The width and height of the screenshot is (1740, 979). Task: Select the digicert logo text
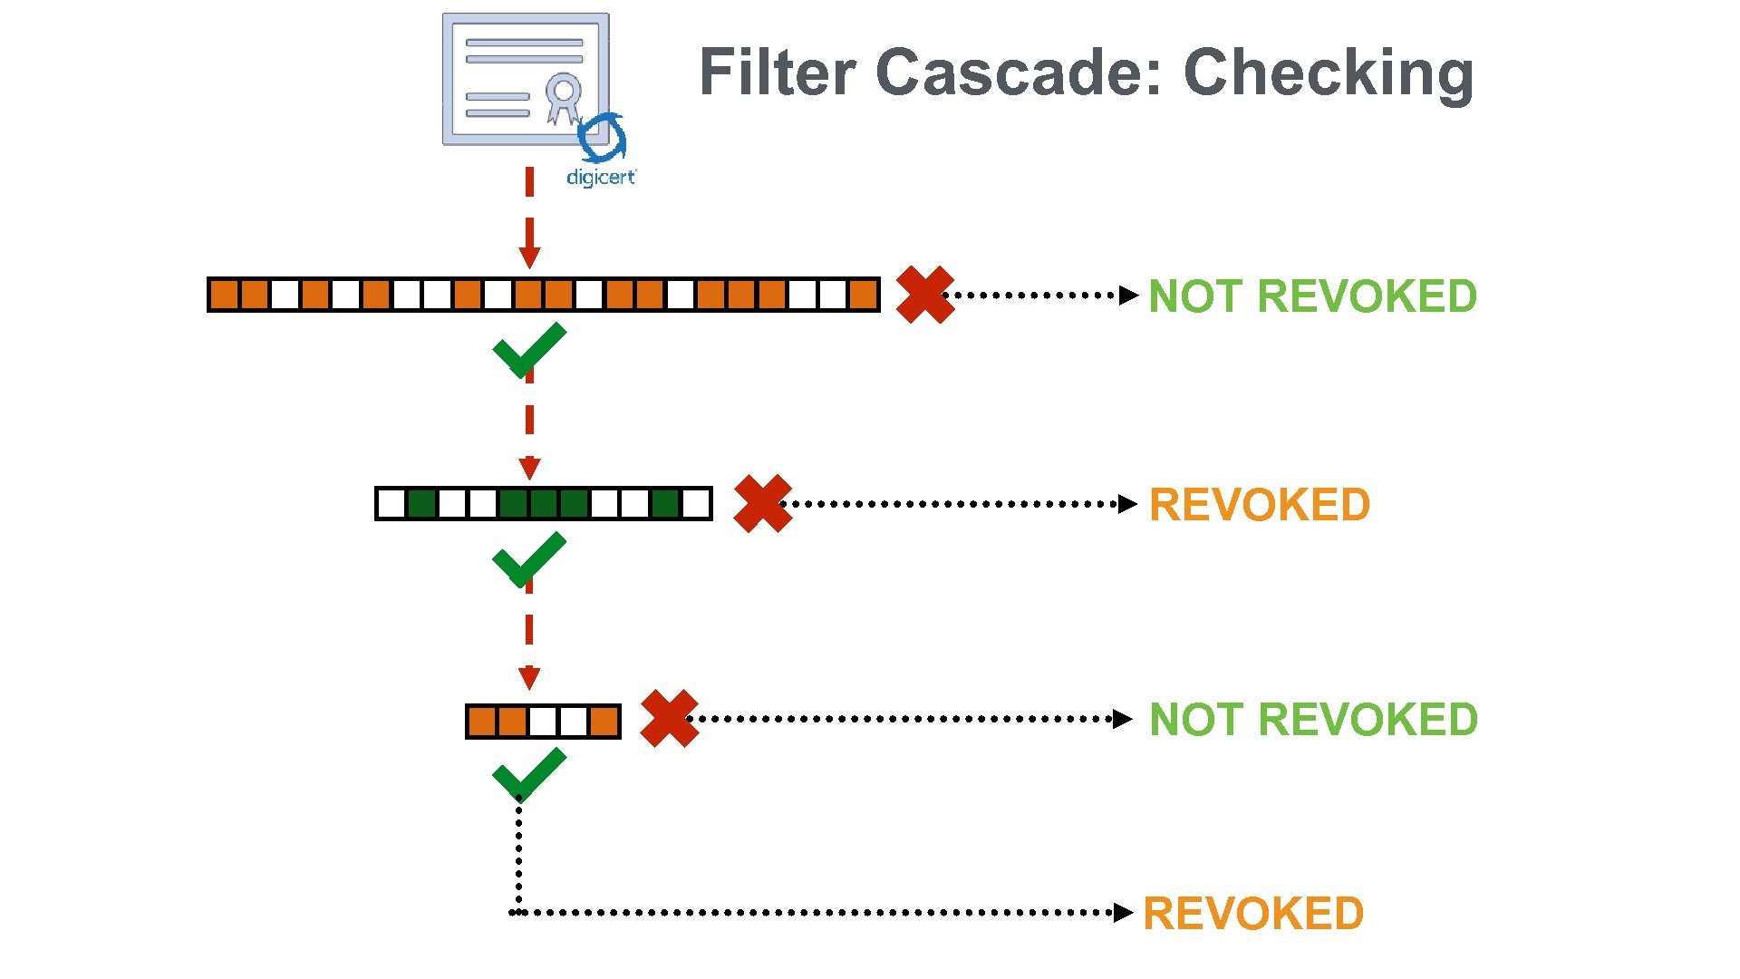click(x=601, y=177)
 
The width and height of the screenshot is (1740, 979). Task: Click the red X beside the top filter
click(x=924, y=295)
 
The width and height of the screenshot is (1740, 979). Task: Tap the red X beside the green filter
click(x=762, y=503)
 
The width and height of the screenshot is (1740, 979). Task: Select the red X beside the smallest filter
click(x=669, y=719)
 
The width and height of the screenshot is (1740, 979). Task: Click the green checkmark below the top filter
click(x=528, y=352)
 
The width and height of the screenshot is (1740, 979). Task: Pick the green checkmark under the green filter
click(x=528, y=560)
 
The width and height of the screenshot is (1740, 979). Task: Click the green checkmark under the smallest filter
click(x=528, y=775)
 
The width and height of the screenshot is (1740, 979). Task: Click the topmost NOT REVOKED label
click(x=1312, y=296)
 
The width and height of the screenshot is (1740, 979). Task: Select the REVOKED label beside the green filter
click(x=1260, y=505)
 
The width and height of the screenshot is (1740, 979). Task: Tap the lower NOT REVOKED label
click(x=1313, y=720)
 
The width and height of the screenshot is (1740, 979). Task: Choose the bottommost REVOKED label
click(x=1253, y=914)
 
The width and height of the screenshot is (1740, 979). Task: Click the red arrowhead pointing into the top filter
click(x=529, y=257)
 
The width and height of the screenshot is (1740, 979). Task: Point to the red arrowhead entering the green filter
click(x=529, y=469)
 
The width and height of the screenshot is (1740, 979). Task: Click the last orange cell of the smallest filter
click(x=604, y=722)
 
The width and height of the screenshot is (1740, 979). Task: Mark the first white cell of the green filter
click(x=391, y=504)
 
